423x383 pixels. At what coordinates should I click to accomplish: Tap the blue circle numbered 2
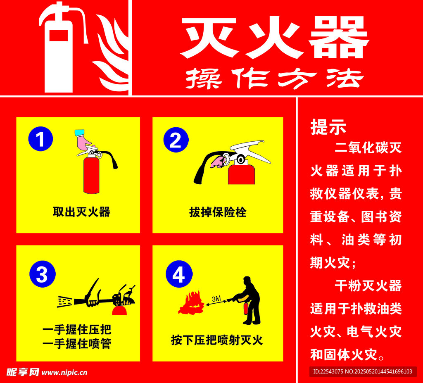pos(176,140)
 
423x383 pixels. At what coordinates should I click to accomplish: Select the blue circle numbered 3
pos(42,274)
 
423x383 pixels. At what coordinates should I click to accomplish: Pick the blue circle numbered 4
pos(178,275)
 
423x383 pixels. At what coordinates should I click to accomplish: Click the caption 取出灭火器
pos(81,212)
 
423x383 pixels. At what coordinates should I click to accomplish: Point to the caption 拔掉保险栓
pos(218,212)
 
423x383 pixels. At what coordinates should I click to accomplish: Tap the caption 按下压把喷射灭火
pos(217,340)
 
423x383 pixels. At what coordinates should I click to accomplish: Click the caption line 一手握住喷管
pos(77,344)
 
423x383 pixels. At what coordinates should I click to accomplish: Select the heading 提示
pos(328,128)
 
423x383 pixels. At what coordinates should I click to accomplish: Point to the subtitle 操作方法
pos(274,78)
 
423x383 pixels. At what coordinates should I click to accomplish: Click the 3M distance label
pos(216,298)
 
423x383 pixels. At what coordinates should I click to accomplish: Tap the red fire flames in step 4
pos(191,304)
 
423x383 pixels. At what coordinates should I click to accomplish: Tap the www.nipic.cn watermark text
pos(64,372)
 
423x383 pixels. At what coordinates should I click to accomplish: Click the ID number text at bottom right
pos(362,371)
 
